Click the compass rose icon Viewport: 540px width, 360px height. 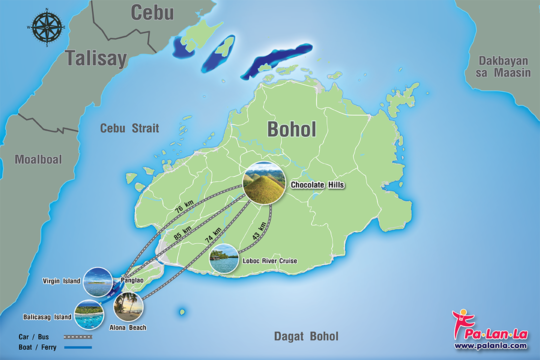point(47,27)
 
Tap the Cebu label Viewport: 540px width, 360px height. point(152,13)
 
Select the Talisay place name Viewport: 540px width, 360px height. point(96,58)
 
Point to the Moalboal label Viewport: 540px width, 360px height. point(38,159)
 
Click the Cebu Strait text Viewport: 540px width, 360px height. point(129,128)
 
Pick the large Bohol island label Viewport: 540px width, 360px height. point(291,129)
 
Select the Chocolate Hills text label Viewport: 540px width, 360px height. point(318,185)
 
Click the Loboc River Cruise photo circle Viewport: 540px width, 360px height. point(224,258)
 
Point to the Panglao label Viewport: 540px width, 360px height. point(132,280)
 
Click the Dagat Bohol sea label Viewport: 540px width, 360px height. point(306,336)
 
